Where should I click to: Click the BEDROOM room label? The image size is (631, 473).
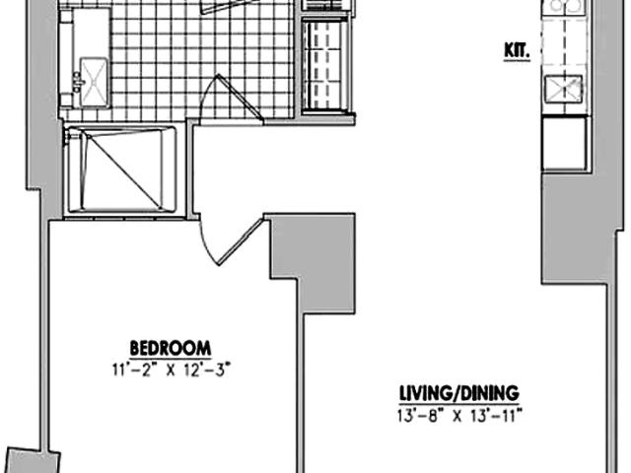click(x=171, y=348)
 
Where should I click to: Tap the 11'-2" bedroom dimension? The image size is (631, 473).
click(x=132, y=370)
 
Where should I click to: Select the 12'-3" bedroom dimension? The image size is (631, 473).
click(x=207, y=370)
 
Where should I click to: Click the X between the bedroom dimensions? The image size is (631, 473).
click(x=171, y=371)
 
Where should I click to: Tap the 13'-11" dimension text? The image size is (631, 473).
click(x=497, y=416)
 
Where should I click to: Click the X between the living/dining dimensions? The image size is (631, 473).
click(x=456, y=416)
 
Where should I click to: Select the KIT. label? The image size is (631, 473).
click(x=517, y=51)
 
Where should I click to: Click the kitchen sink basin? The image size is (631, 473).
click(x=564, y=89)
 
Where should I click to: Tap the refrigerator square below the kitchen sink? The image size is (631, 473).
click(x=564, y=143)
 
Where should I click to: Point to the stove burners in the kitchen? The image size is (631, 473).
click(x=564, y=6)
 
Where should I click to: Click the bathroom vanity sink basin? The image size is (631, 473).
click(x=94, y=83)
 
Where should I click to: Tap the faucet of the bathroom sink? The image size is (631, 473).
click(x=77, y=83)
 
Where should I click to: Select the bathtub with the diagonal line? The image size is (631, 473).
click(x=121, y=169)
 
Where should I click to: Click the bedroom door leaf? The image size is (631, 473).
click(x=241, y=241)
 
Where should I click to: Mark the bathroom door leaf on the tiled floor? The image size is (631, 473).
click(x=241, y=97)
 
